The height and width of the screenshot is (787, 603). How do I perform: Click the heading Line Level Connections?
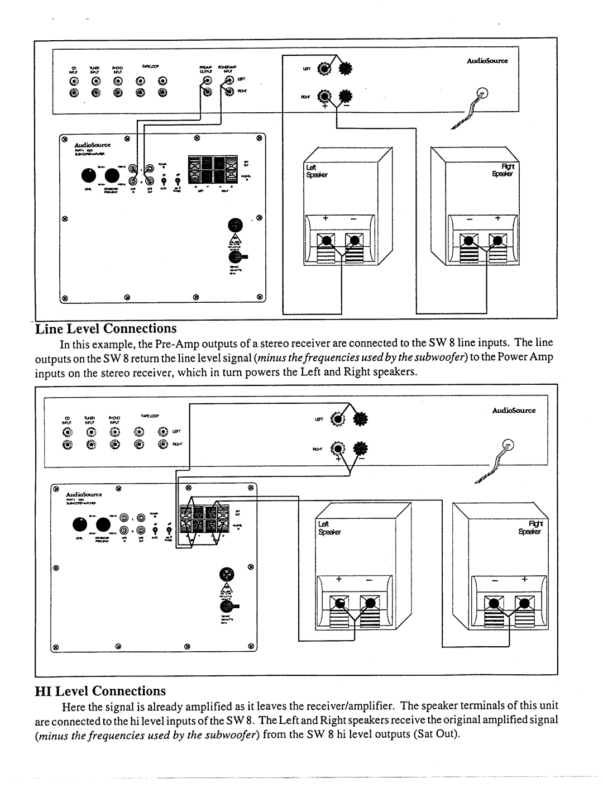(x=106, y=328)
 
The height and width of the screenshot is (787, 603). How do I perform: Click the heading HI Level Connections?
(x=100, y=691)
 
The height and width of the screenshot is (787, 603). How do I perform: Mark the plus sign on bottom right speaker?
(x=524, y=580)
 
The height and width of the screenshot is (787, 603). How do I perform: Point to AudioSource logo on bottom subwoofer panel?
(x=83, y=495)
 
